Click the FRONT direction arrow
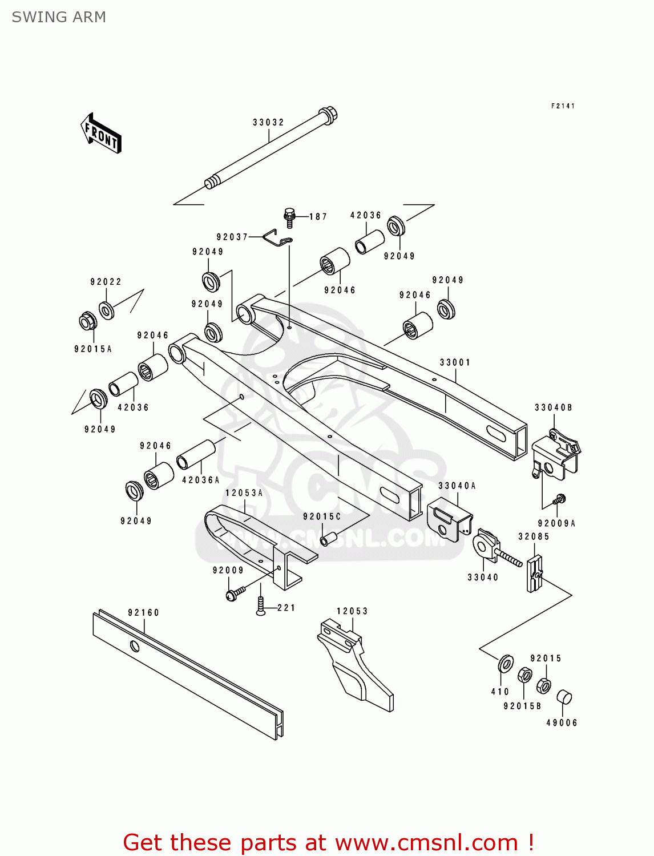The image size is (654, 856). [x=101, y=134]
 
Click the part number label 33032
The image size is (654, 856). [x=268, y=122]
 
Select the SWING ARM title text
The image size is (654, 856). [x=59, y=17]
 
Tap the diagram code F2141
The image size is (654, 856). [x=563, y=106]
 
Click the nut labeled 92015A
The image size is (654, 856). [x=88, y=321]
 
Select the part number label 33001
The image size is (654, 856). [x=455, y=362]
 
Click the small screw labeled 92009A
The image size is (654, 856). [x=559, y=499]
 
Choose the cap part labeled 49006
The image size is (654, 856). [x=564, y=697]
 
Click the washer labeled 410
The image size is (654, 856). [x=506, y=664]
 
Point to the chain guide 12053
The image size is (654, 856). [x=354, y=665]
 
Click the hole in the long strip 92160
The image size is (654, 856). [x=135, y=646]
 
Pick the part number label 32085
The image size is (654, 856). [x=534, y=536]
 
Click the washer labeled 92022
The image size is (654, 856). [x=106, y=310]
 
